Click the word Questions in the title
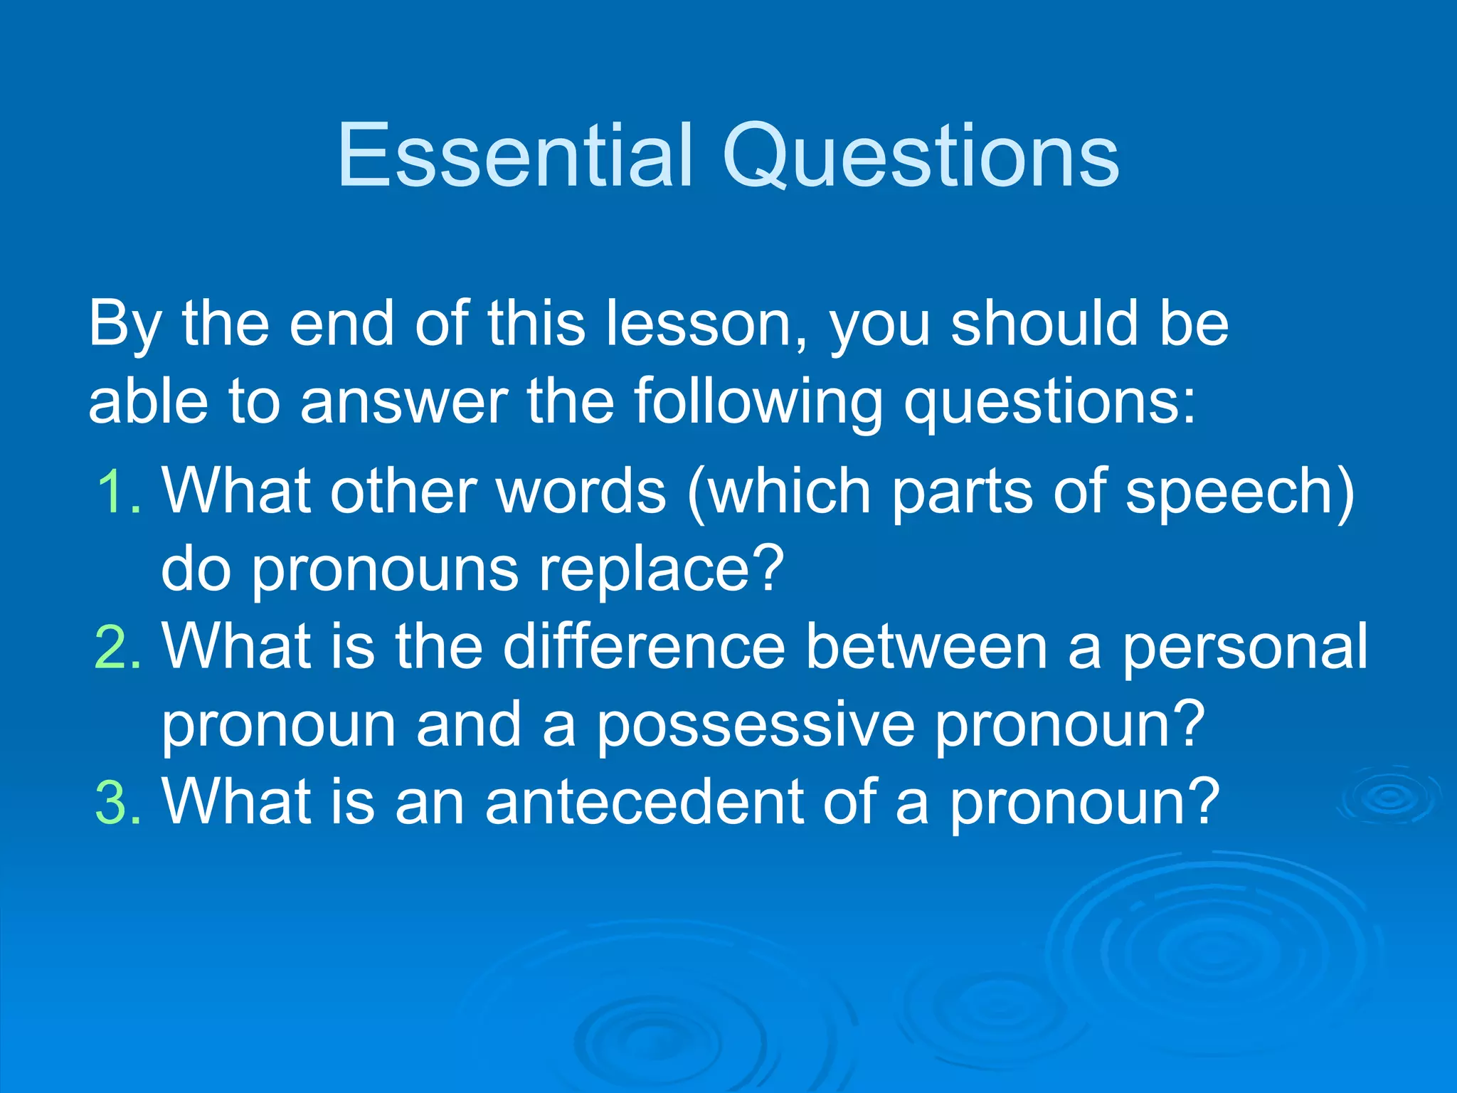pyautogui.click(x=921, y=157)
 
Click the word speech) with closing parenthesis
pyautogui.click(x=1239, y=491)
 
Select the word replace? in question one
pyautogui.click(x=661, y=569)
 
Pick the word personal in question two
pyautogui.click(x=1245, y=647)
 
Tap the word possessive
pyautogui.click(x=755, y=725)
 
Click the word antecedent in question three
pyautogui.click(x=644, y=803)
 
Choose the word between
pyautogui.click(x=927, y=647)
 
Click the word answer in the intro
pyautogui.click(x=404, y=402)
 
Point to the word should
pyautogui.click(x=1044, y=324)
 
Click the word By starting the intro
pyautogui.click(x=124, y=324)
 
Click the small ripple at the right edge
pyautogui.click(x=1391, y=796)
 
